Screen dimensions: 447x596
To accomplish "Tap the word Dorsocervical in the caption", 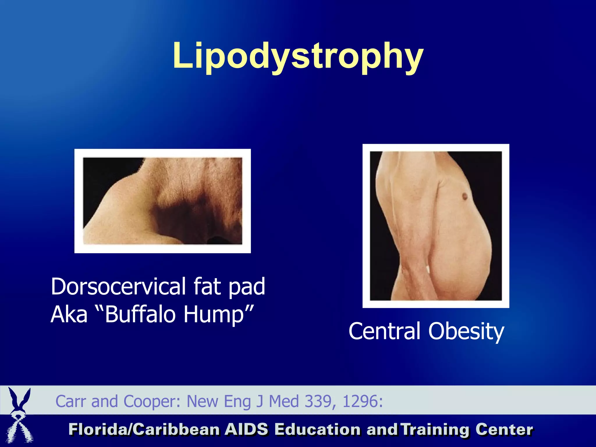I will pos(118,287).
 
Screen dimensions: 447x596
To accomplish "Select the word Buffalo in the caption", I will pos(141,314).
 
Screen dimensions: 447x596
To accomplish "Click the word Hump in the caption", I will pos(214,314).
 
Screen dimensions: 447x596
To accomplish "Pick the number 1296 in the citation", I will pos(360,401).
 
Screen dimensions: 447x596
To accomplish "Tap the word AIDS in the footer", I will pos(246,430).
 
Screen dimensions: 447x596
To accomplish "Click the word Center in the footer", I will pos(504,430).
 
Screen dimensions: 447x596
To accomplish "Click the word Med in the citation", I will pos(284,401).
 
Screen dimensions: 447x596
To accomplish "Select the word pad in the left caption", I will pos(247,287).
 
